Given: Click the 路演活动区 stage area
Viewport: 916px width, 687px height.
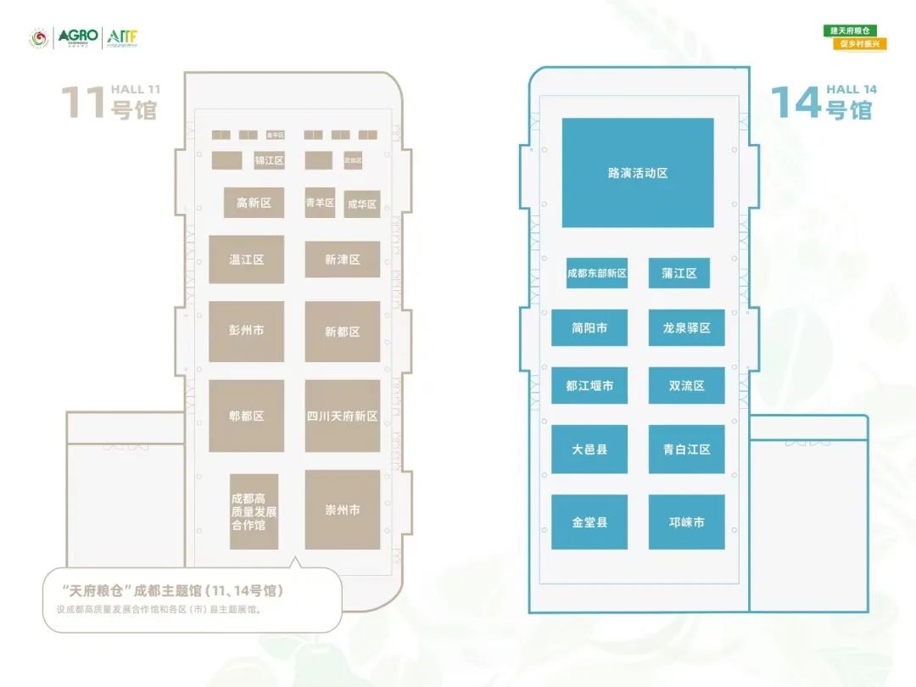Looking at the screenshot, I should coord(638,173).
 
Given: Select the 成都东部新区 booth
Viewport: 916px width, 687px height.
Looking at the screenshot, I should coord(597,273).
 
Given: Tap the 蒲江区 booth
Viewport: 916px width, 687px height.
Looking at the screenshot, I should coord(679,273).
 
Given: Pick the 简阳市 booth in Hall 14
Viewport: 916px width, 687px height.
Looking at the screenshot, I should coord(589,328).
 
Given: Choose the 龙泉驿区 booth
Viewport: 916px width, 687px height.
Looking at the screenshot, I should coord(686,328).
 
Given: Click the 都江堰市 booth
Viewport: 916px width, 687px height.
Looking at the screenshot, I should coord(589,386).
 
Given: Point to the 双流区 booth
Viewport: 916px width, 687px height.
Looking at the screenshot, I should coord(686,386).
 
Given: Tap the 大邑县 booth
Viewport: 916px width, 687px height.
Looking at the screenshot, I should coord(589,450).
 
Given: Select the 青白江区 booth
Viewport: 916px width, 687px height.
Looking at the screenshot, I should coord(686,450).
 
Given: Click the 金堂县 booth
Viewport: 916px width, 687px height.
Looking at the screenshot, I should coord(589,522).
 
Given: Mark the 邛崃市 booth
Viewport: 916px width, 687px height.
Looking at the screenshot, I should coord(686,522).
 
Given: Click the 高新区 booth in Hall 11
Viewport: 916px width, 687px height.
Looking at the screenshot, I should coord(254,203).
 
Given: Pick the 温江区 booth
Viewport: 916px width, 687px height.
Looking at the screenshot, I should coord(246,260).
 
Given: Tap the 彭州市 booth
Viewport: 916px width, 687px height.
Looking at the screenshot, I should coord(246,331).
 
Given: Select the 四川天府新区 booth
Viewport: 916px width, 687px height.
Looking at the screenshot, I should coord(343,416).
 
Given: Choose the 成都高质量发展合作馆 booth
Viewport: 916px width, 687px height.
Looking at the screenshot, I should coord(254,511).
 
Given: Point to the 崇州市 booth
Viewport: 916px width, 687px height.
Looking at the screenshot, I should coord(343,510).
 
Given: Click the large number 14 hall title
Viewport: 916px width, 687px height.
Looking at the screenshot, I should coord(796,103).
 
